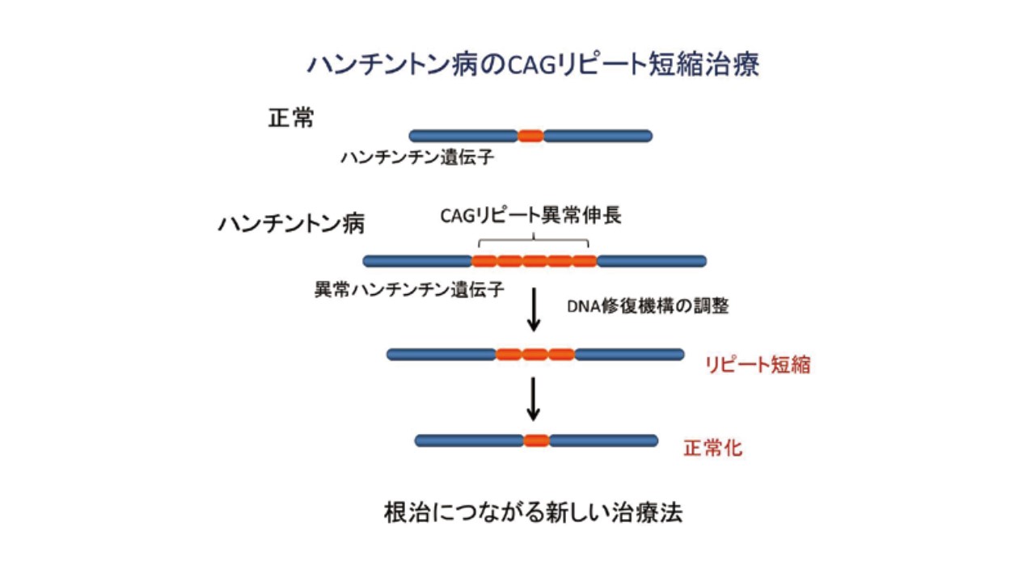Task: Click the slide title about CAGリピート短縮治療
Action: tap(533, 65)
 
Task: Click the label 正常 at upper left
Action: tap(291, 119)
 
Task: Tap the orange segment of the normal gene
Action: tap(530, 136)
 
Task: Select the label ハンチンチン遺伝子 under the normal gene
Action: tap(416, 157)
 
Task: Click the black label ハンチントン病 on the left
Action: tap(291, 223)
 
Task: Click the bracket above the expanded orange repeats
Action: tap(534, 240)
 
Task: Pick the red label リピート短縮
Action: tap(758, 365)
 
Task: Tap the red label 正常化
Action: tap(713, 449)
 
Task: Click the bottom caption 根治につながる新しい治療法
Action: tap(533, 512)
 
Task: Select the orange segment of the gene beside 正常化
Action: tap(536, 441)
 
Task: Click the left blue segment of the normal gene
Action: tap(463, 136)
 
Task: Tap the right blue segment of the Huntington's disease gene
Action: tap(652, 261)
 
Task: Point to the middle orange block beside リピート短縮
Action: tap(534, 354)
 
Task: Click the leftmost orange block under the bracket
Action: tap(484, 261)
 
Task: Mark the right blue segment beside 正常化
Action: tap(603, 441)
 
